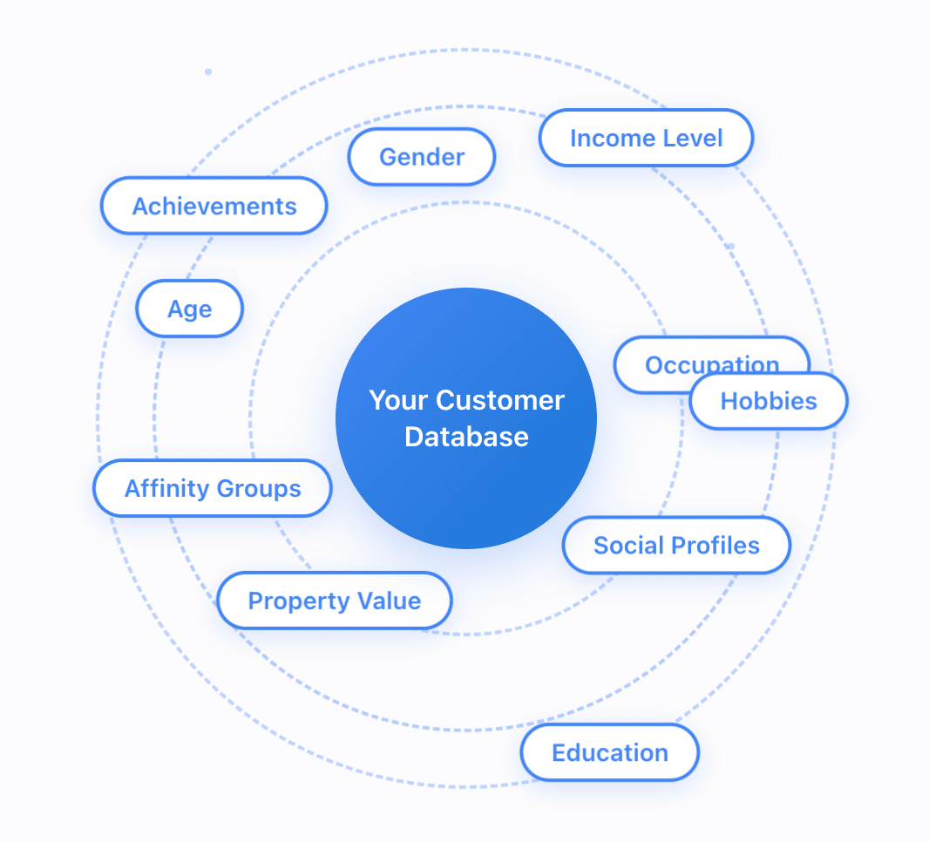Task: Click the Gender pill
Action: tap(422, 158)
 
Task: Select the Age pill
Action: tap(190, 309)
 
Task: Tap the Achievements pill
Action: tap(214, 207)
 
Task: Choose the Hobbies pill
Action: tap(769, 402)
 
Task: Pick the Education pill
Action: tap(610, 753)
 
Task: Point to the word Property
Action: tap(293, 601)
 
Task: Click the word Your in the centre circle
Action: tap(398, 401)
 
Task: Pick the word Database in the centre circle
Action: tap(466, 437)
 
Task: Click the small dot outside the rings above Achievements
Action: tap(208, 71)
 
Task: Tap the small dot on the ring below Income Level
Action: tap(730, 246)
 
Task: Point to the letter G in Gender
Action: tap(388, 158)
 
